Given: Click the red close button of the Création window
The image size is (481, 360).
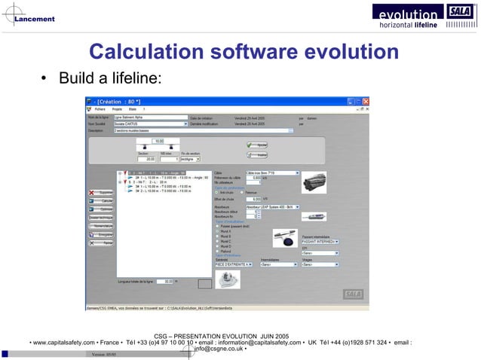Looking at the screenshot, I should (x=367, y=101).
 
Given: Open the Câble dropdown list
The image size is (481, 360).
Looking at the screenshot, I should (x=297, y=172).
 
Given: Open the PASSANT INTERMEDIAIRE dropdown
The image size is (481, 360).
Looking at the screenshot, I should (x=335, y=242).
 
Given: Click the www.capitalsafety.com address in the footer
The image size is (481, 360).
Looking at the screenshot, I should (x=63, y=343).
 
